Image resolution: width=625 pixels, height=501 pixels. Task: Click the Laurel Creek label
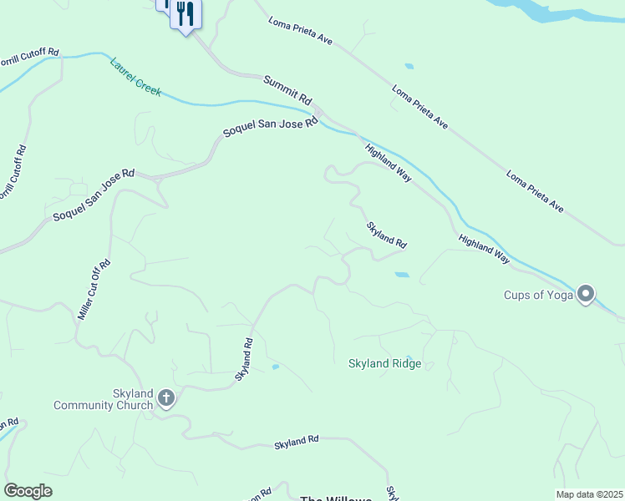(135, 77)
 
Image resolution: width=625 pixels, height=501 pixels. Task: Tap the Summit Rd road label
(287, 91)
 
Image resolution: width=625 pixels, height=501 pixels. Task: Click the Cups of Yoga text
(536, 295)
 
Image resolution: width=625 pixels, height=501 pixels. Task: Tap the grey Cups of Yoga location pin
(587, 292)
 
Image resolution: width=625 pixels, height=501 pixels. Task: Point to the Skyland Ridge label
(384, 363)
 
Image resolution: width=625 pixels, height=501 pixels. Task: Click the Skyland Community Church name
(103, 399)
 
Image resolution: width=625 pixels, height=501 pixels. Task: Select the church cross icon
(166, 398)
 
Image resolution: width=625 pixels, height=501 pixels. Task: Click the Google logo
(28, 491)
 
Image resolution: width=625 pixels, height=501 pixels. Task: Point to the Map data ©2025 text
(589, 494)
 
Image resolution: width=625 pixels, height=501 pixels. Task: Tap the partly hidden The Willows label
(335, 498)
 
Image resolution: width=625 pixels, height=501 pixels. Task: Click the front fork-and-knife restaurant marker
(185, 14)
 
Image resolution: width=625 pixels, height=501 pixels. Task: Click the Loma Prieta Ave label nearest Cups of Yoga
(534, 191)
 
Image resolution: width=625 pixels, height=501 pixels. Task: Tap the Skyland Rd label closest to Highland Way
(386, 235)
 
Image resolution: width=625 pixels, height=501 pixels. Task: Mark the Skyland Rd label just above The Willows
(297, 443)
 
